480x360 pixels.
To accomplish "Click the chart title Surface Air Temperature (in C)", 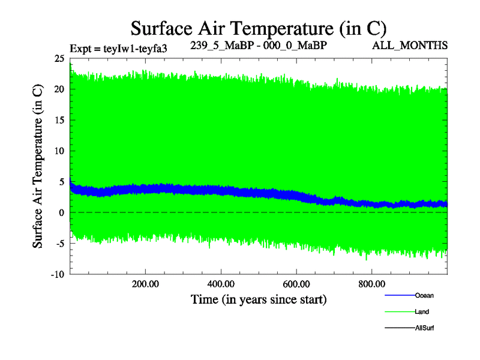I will click(258, 28).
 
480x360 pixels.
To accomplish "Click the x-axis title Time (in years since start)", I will click(259, 298).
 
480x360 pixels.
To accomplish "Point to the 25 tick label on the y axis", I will click(59, 59).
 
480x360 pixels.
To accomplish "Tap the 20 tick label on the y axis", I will click(59, 89).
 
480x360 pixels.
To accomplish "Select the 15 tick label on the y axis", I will click(59, 120).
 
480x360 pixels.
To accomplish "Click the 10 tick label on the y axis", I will click(59, 151).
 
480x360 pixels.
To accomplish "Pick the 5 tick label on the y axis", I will click(61, 182).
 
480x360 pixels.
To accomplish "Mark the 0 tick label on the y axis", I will click(61, 212).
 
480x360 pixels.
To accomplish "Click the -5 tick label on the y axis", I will click(59, 244).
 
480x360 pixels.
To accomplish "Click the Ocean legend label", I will click(424, 295).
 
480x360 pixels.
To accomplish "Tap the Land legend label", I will click(422, 312).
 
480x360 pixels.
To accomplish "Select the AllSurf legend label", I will click(425, 328).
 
